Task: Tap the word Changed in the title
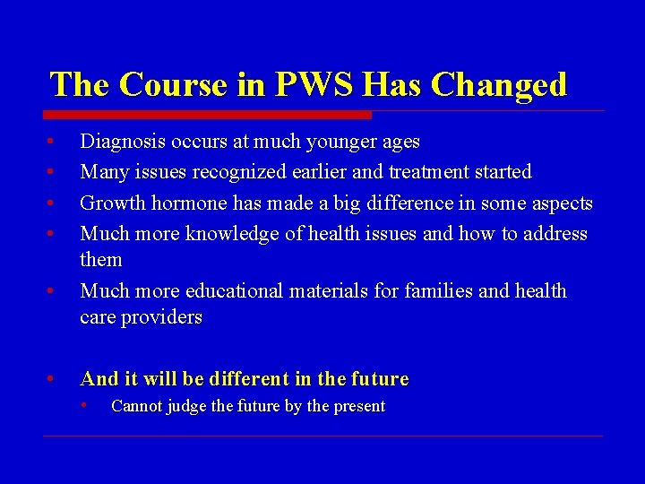click(499, 84)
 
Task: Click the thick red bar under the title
click(207, 115)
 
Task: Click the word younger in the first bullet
click(344, 142)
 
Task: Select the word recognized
click(242, 172)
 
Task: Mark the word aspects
click(561, 203)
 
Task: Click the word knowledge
click(231, 234)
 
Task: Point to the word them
click(101, 260)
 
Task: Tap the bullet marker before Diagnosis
click(52, 142)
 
